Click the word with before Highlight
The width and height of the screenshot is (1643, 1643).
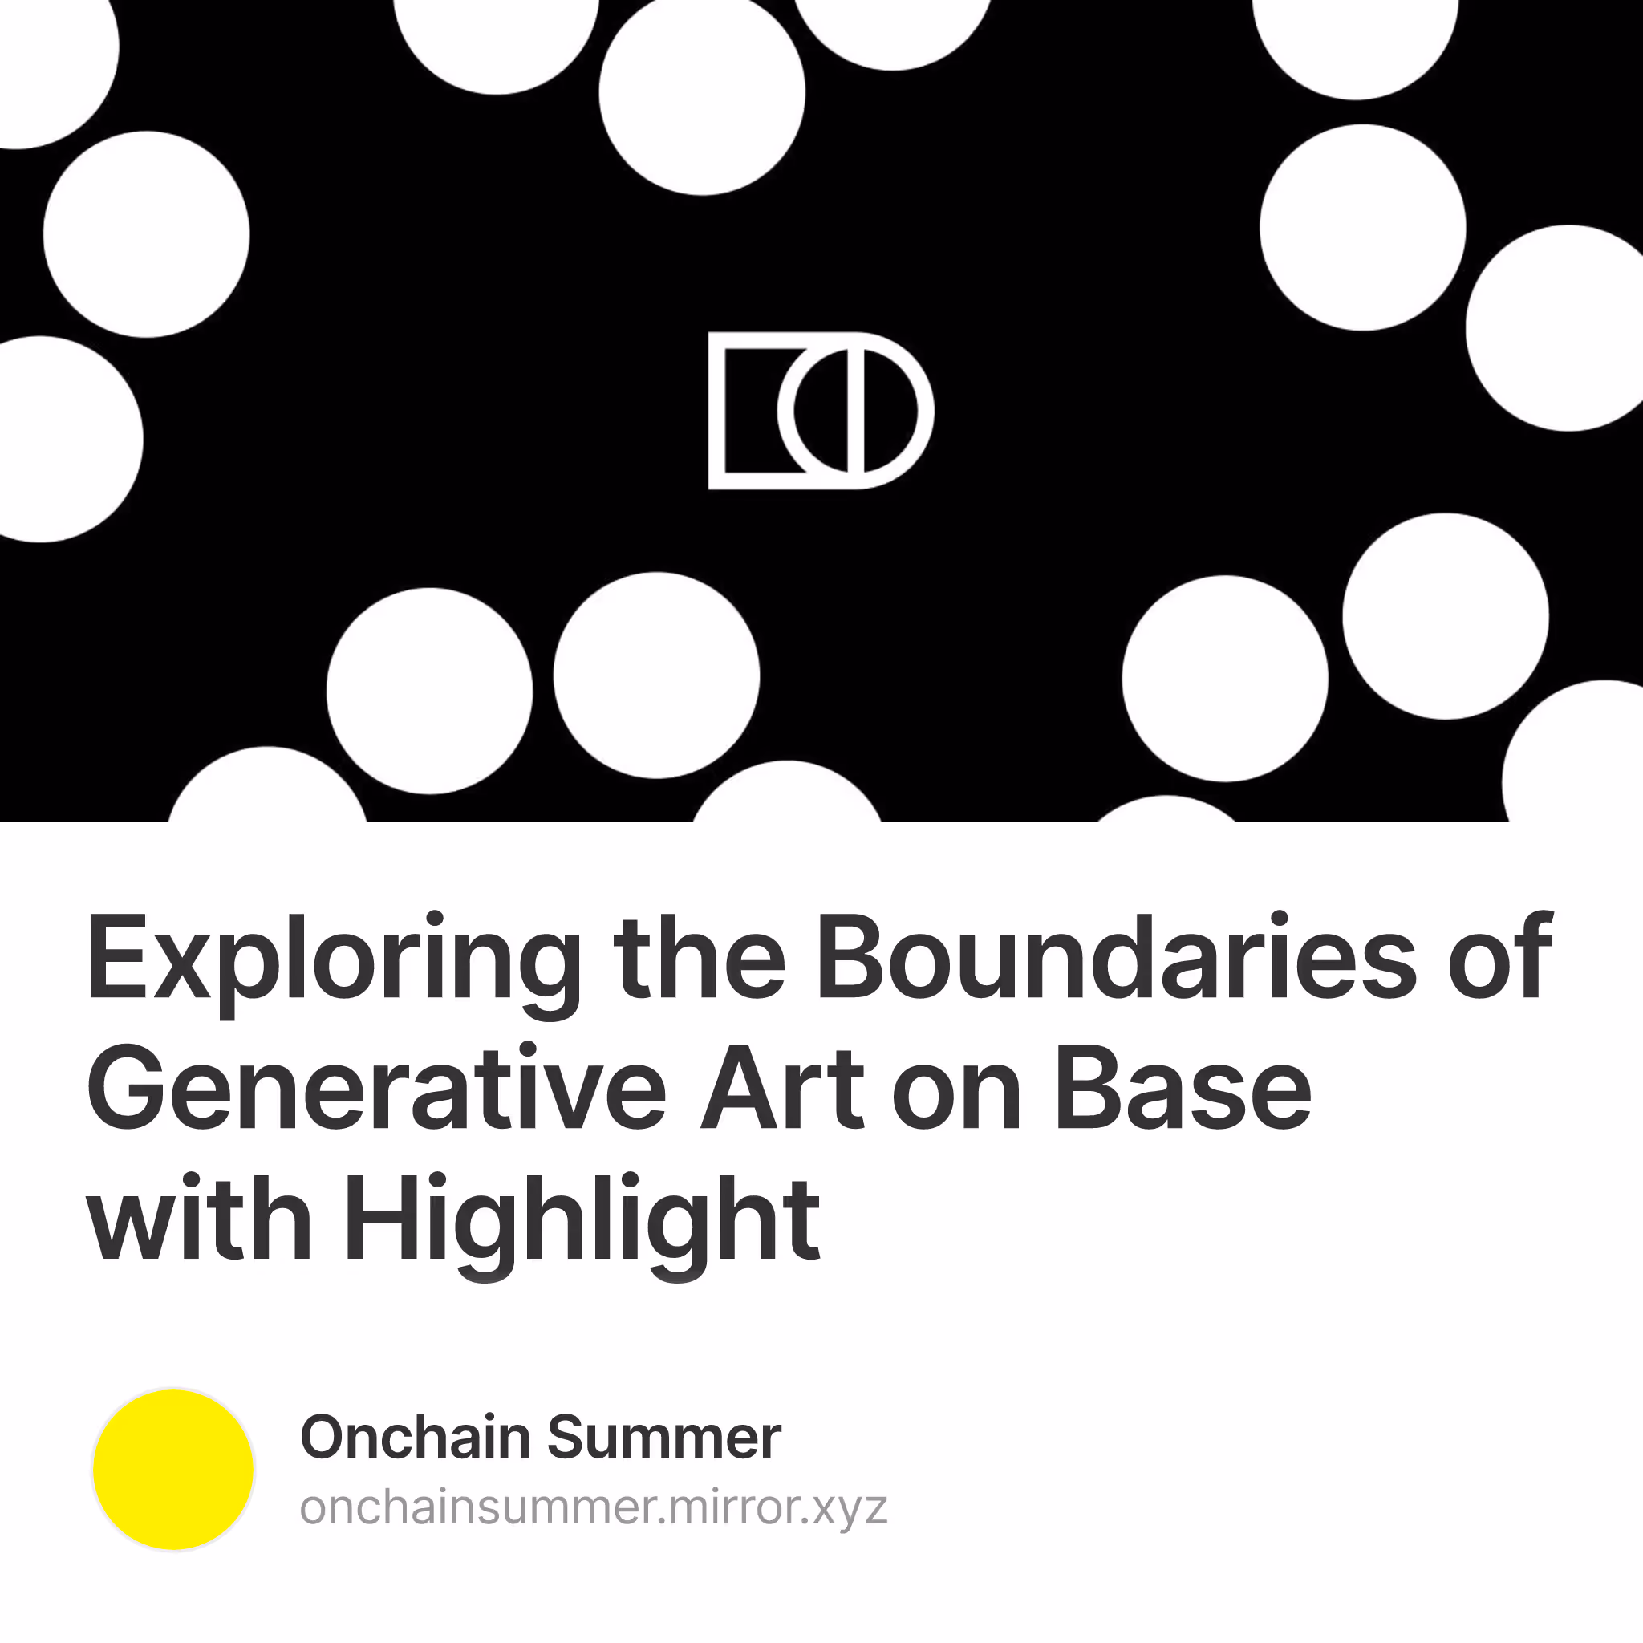[x=201, y=1218]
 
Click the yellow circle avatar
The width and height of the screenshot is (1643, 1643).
[x=173, y=1470]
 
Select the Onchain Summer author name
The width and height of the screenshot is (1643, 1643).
[x=541, y=1437]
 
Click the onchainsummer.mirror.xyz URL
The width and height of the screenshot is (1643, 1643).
[x=594, y=1507]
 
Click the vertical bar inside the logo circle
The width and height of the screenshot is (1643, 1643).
[x=855, y=411]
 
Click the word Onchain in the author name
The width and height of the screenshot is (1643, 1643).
[x=416, y=1437]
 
